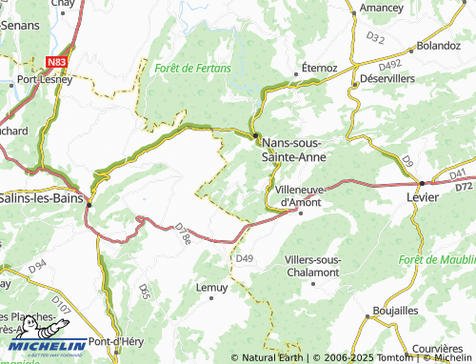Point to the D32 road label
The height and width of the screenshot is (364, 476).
coord(375,38)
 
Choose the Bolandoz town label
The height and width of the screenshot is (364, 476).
coord(438,45)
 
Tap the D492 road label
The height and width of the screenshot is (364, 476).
coord(388,65)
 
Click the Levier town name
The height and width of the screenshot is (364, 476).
coord(422,196)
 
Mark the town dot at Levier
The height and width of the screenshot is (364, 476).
coord(421,181)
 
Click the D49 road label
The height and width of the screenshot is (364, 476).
coord(245,258)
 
